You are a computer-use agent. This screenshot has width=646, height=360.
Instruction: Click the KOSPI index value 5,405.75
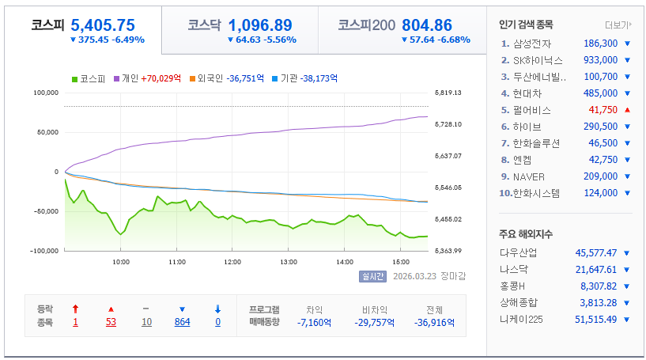tap(103, 25)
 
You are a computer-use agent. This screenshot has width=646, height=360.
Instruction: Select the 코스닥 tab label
tap(204, 25)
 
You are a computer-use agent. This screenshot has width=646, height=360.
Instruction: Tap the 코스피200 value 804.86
tap(427, 25)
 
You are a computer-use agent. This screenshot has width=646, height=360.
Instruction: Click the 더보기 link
tap(618, 25)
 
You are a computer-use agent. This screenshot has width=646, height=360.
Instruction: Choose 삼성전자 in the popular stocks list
tap(532, 44)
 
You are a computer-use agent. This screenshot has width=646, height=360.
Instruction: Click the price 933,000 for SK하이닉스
tap(600, 60)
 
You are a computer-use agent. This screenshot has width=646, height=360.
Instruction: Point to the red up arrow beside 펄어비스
tap(628, 110)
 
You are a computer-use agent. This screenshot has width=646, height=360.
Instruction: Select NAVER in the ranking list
tap(529, 177)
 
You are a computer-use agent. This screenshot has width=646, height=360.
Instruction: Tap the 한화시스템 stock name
tap(536, 193)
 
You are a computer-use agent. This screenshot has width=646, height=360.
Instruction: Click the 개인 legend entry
tap(130, 78)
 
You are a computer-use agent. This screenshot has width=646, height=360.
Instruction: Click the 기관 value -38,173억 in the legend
tap(319, 78)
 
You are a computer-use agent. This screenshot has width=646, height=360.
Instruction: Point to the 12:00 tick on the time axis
tap(232, 262)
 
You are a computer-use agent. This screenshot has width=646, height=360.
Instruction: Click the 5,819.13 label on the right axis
tap(448, 93)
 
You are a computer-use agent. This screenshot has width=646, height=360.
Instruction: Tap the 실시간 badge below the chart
tap(372, 276)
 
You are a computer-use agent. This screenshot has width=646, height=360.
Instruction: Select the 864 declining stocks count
tap(182, 322)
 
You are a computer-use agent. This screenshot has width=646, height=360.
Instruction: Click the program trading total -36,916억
tap(434, 323)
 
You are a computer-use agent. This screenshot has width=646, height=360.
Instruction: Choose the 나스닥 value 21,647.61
tap(595, 270)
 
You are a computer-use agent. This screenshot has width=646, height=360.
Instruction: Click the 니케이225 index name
tap(521, 320)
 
